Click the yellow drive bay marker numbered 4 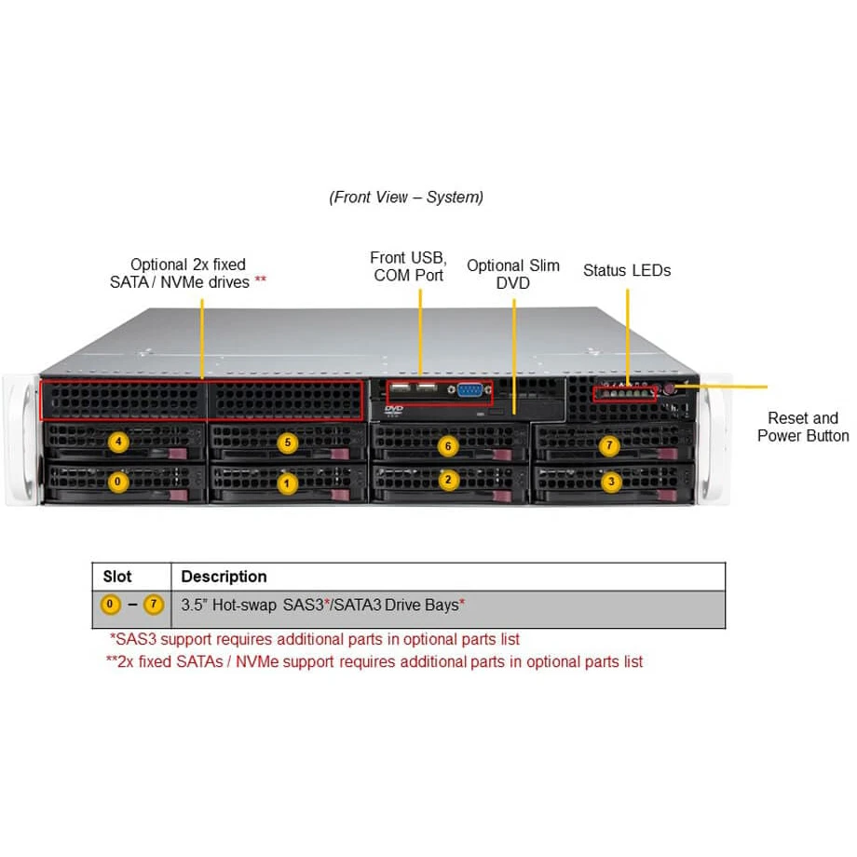(117, 442)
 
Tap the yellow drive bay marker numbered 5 (288, 442)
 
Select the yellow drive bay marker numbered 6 (448, 446)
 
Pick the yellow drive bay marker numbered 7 (609, 446)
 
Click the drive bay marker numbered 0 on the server (117, 482)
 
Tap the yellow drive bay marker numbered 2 (448, 481)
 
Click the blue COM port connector (470, 391)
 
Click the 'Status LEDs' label (627, 271)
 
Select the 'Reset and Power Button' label (803, 427)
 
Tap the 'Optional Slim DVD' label (513, 274)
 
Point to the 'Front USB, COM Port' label (408, 266)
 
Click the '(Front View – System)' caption (406, 197)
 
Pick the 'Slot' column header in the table (117, 577)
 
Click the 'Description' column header (224, 577)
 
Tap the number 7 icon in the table (154, 605)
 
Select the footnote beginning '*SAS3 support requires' (315, 640)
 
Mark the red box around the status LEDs (624, 394)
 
